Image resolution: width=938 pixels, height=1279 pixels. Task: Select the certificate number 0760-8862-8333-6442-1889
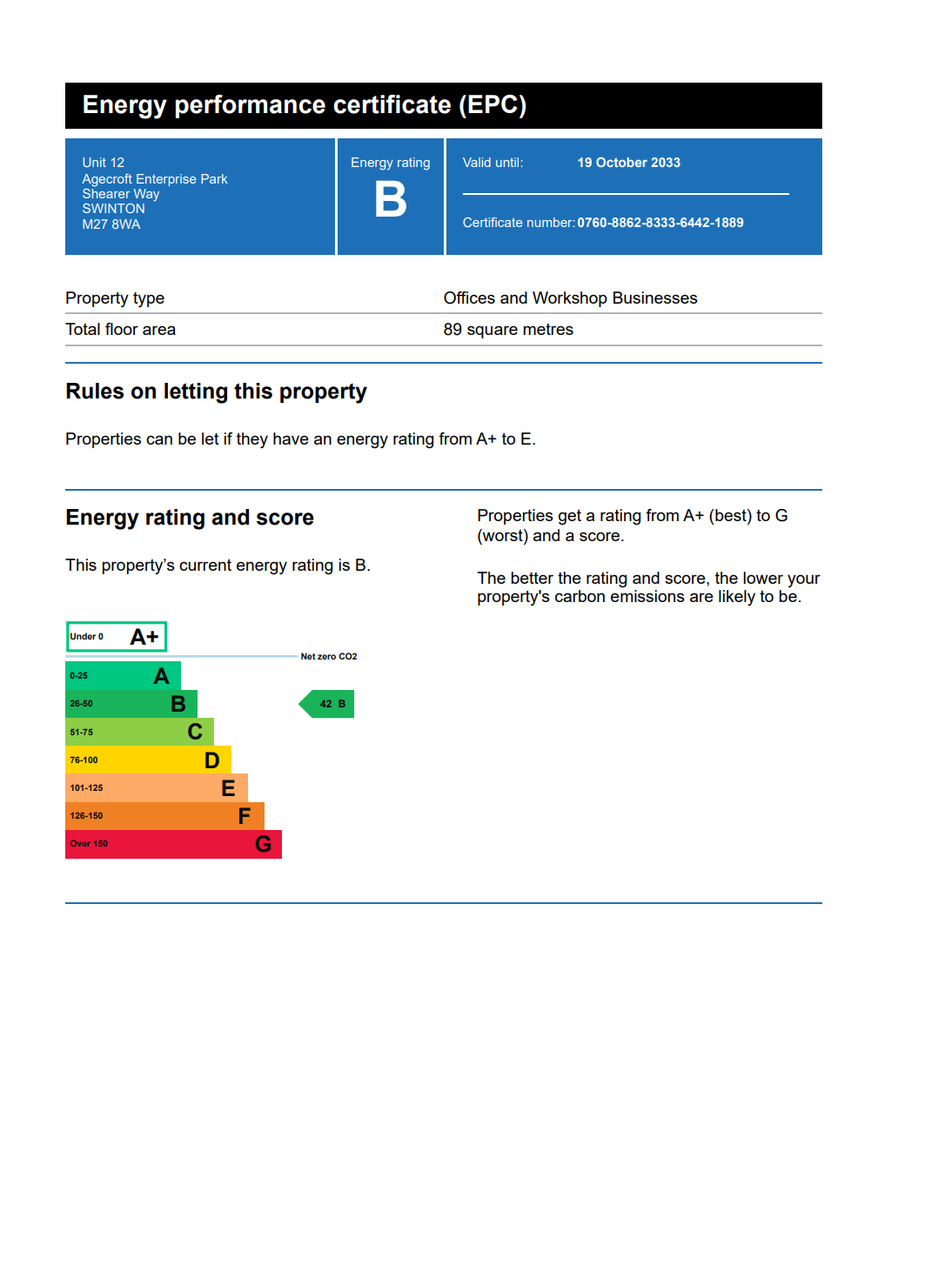(660, 223)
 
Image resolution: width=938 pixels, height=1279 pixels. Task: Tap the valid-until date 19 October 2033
(628, 163)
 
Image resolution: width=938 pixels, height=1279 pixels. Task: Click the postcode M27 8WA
(111, 224)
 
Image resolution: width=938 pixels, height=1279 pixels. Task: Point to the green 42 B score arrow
(328, 704)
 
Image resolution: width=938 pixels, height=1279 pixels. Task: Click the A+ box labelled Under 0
(116, 637)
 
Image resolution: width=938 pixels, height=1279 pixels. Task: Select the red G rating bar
(173, 844)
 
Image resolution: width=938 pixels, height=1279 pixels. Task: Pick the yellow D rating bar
(148, 760)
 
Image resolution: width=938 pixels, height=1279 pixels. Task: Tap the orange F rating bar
(164, 816)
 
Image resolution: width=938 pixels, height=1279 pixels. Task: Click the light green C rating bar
(139, 733)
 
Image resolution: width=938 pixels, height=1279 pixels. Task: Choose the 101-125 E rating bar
(157, 788)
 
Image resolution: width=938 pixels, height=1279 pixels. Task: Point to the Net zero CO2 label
(329, 657)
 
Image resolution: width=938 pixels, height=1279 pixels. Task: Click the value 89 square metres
(508, 330)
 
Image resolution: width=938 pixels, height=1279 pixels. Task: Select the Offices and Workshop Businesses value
(570, 298)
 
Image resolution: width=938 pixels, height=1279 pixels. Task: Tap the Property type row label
(115, 298)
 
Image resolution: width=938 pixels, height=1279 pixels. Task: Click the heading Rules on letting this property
(216, 392)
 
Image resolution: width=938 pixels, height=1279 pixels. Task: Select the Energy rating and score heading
(190, 518)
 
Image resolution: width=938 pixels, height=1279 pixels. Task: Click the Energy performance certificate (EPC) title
(305, 105)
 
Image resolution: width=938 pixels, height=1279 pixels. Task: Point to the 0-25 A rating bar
(123, 676)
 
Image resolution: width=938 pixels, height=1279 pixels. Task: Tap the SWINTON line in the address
(114, 209)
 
